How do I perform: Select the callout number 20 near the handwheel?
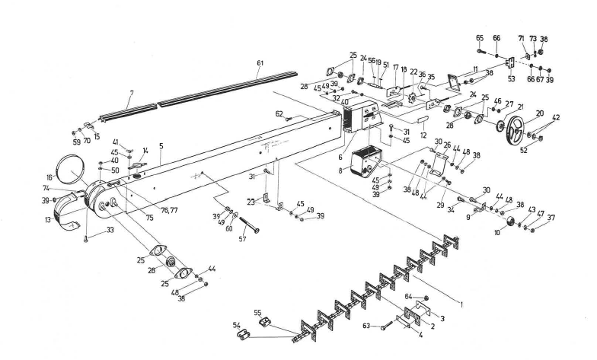[539, 113]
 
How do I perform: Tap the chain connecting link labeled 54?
[241, 335]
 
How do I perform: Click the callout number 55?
[257, 313]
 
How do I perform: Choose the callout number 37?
[551, 218]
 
